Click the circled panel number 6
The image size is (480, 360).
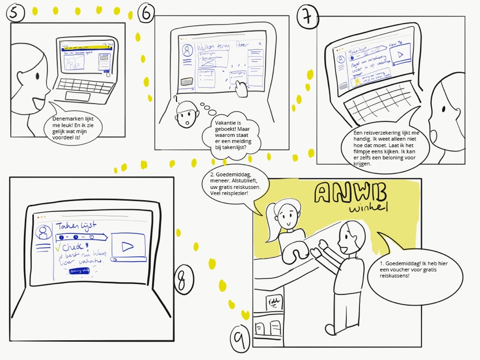(x=146, y=12)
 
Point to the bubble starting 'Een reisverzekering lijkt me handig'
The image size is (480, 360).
(x=384, y=147)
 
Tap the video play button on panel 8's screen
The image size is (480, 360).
(x=127, y=247)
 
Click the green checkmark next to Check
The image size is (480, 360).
(x=58, y=247)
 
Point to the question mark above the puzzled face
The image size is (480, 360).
(x=175, y=98)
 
